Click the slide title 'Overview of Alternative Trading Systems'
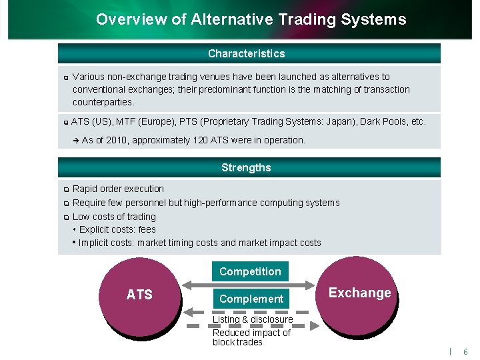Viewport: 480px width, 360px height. pyautogui.click(x=251, y=19)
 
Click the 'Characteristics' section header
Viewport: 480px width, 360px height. pyautogui.click(x=246, y=53)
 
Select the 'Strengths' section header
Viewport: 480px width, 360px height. pyautogui.click(x=246, y=167)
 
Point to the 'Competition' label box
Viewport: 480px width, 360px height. pyautogui.click(x=250, y=271)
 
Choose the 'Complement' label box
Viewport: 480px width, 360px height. pyautogui.click(x=251, y=299)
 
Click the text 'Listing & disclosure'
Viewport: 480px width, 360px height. pyautogui.click(x=253, y=319)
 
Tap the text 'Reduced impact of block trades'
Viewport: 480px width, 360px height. pyautogui.click(x=251, y=337)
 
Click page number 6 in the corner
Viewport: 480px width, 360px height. pyautogui.click(x=465, y=351)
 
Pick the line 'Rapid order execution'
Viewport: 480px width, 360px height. pyautogui.click(x=118, y=189)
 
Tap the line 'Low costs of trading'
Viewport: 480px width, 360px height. pyautogui.click(x=114, y=217)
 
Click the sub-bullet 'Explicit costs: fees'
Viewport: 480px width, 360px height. pyautogui.click(x=117, y=229)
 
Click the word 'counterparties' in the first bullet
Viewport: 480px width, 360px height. pyautogui.click(x=103, y=102)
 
